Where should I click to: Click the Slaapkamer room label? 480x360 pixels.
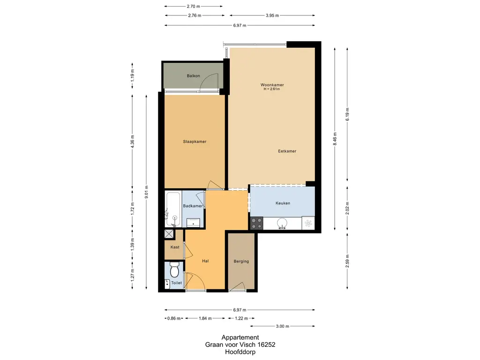195,142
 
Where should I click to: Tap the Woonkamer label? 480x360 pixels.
272,85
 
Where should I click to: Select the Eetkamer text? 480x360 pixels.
287,151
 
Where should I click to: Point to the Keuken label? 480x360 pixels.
283,203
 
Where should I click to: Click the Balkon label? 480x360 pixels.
194,75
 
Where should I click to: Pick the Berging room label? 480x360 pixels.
241,261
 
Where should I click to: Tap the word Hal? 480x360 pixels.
205,261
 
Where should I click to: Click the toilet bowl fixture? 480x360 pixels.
174,270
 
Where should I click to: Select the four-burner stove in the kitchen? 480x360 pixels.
256,223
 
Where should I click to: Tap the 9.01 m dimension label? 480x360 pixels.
146,192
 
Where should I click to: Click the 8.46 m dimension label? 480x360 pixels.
335,139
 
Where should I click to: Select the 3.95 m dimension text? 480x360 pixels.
272,15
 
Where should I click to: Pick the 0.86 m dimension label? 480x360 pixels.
174,318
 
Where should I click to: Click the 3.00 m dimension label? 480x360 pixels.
283,326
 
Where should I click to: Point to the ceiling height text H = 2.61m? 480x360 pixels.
272,89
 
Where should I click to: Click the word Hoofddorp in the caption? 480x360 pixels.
240,352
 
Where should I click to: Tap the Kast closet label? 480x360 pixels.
175,247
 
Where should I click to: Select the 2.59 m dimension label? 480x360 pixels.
347,261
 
